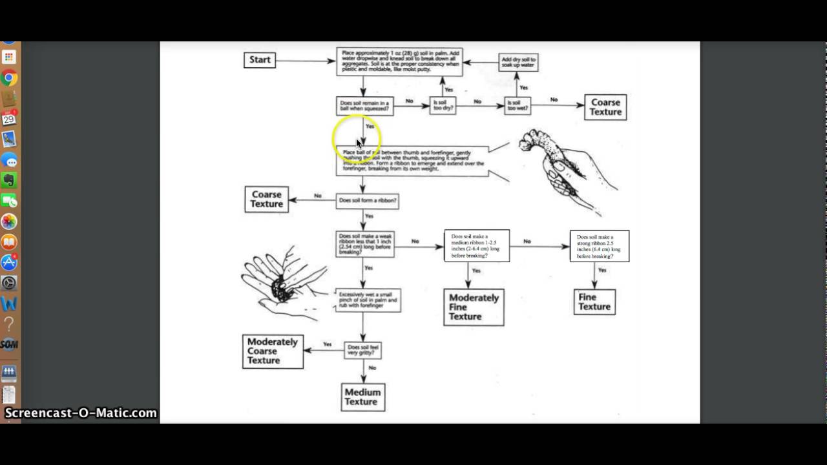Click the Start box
pyautogui.click(x=260, y=60)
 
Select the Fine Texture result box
pyautogui.click(x=594, y=302)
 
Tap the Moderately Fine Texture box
pyautogui.click(x=474, y=307)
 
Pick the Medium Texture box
pyautogui.click(x=363, y=397)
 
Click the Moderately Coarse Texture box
pyautogui.click(x=273, y=351)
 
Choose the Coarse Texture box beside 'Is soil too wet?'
pyautogui.click(x=605, y=107)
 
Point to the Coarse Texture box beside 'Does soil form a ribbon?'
pyautogui.click(x=266, y=199)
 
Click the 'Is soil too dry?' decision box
pyautogui.click(x=443, y=106)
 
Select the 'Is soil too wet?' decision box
pyautogui.click(x=518, y=106)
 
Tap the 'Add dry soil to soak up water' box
pyautogui.click(x=519, y=63)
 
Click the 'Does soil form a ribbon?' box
pyautogui.click(x=367, y=201)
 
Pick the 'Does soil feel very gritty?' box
pyautogui.click(x=362, y=350)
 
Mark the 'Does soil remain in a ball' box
pyautogui.click(x=364, y=106)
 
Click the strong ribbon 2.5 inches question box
pyautogui.click(x=599, y=246)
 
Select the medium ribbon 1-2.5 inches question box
pyautogui.click(x=477, y=246)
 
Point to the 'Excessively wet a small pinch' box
pyautogui.click(x=368, y=300)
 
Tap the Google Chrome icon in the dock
pyautogui.click(x=9, y=79)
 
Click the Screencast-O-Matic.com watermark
pyautogui.click(x=81, y=413)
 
